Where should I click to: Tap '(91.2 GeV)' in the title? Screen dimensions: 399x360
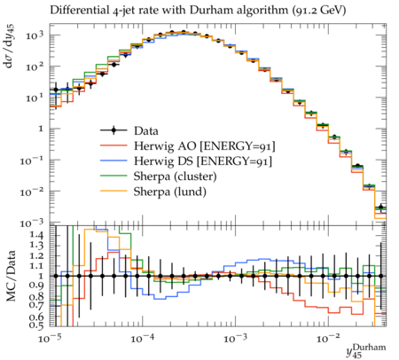tap(318, 11)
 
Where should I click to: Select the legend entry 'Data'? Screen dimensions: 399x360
tap(146, 130)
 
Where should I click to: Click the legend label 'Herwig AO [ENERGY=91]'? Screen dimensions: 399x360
tap(205, 146)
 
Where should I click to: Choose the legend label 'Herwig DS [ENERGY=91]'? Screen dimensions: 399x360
tap(203, 161)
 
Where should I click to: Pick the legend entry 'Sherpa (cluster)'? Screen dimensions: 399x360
tap(175, 176)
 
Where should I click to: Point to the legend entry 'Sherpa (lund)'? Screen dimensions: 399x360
tap(170, 192)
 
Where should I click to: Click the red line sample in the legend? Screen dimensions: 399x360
tap(113, 145)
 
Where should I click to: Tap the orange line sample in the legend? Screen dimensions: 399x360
tap(113, 192)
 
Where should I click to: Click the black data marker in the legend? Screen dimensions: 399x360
tap(113, 130)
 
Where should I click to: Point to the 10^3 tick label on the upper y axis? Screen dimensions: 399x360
tap(35, 35)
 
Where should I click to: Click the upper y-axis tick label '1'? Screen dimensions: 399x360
tap(41, 129)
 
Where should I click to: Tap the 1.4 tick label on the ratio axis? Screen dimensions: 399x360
tap(35, 236)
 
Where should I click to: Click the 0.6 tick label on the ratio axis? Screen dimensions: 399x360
tap(35, 317)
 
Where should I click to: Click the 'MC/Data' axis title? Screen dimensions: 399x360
tap(12, 276)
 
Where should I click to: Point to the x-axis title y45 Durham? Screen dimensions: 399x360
tap(366, 351)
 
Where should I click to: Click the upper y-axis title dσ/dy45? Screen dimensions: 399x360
tap(11, 47)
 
